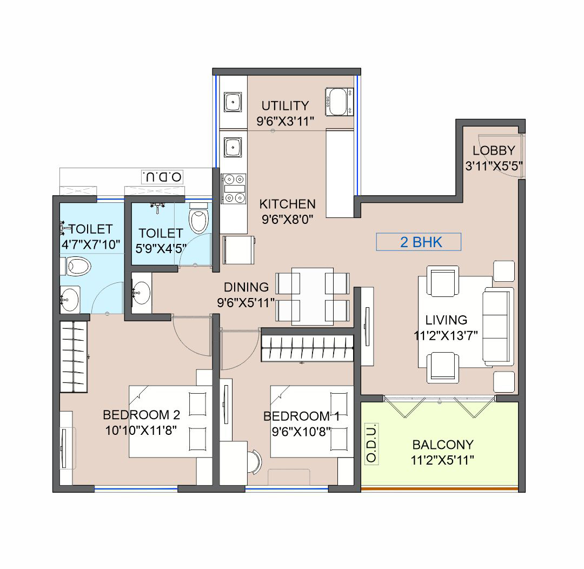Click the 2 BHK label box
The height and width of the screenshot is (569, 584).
(419, 242)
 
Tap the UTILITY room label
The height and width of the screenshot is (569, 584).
(285, 105)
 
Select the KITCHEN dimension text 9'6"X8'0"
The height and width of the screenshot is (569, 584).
(287, 219)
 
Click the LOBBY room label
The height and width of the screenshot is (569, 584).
(493, 151)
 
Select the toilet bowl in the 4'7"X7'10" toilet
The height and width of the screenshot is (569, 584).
(79, 266)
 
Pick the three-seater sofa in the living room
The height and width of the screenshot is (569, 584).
(497, 326)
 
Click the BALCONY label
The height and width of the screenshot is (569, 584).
(442, 445)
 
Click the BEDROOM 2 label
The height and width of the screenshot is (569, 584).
(141, 415)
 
